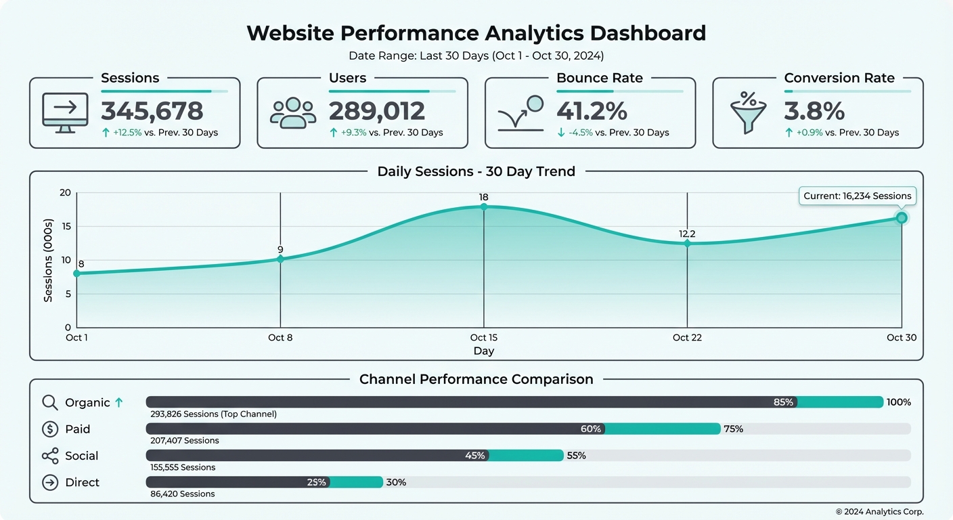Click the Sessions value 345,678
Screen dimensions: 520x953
click(x=152, y=111)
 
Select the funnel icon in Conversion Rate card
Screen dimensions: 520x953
click(x=749, y=112)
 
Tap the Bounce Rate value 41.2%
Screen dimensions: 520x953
click(x=592, y=111)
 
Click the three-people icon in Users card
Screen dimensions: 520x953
click(x=292, y=112)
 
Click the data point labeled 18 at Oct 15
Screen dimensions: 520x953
click(x=483, y=207)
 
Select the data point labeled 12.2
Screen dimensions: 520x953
click(x=687, y=243)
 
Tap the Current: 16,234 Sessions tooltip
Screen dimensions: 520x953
click(x=857, y=196)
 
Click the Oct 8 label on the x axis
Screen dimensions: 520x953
click(x=280, y=337)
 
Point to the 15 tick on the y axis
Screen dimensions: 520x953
click(x=65, y=226)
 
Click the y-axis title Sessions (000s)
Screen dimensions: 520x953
click(x=48, y=260)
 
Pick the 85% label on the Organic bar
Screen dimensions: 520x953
click(x=783, y=402)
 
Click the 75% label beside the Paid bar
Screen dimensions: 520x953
click(x=733, y=429)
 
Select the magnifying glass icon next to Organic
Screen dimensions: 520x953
click(x=50, y=402)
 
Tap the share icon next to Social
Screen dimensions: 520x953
click(x=50, y=456)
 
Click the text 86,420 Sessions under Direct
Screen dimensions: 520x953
click(x=182, y=494)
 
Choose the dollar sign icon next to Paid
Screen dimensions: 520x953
click(x=50, y=429)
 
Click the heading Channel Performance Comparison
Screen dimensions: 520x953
click(x=476, y=379)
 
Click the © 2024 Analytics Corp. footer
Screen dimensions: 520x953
click(x=879, y=512)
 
